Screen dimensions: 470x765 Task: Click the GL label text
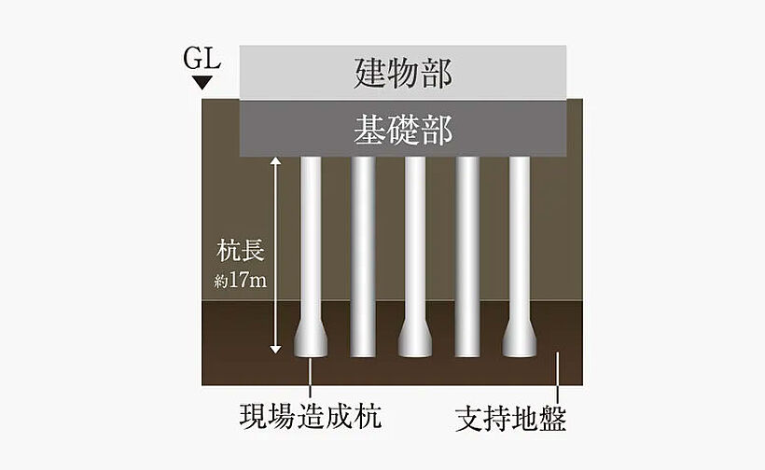point(202,61)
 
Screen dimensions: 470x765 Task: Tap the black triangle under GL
point(202,84)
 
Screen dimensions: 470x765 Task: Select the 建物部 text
point(403,72)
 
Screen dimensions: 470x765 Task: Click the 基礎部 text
point(403,129)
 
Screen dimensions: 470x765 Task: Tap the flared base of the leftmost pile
point(311,340)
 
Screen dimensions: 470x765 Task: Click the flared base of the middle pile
point(414,340)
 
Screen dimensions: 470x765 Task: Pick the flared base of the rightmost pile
point(519,340)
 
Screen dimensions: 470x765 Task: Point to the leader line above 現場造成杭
point(311,378)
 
